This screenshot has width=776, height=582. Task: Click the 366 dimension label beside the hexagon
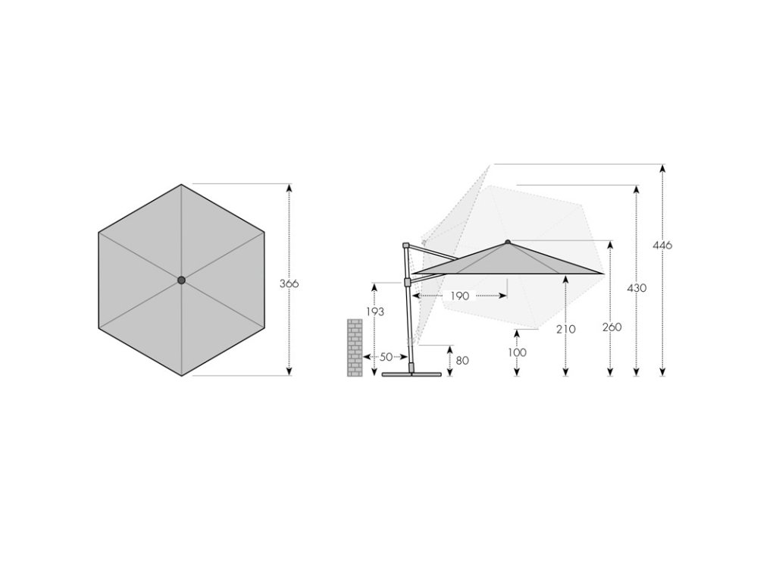[x=289, y=283]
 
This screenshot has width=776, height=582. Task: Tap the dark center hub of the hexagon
[x=181, y=280]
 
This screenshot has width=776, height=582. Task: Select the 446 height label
[x=662, y=245]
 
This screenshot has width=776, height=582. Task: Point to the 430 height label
[x=637, y=288]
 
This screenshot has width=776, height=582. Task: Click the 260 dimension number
[x=612, y=327]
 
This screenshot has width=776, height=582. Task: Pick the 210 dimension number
[x=565, y=329]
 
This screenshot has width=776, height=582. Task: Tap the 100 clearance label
[x=517, y=352]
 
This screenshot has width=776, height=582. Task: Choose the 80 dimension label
[x=462, y=360]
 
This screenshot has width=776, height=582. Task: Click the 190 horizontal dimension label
[x=459, y=296]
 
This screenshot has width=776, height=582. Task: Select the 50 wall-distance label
[x=386, y=357]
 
